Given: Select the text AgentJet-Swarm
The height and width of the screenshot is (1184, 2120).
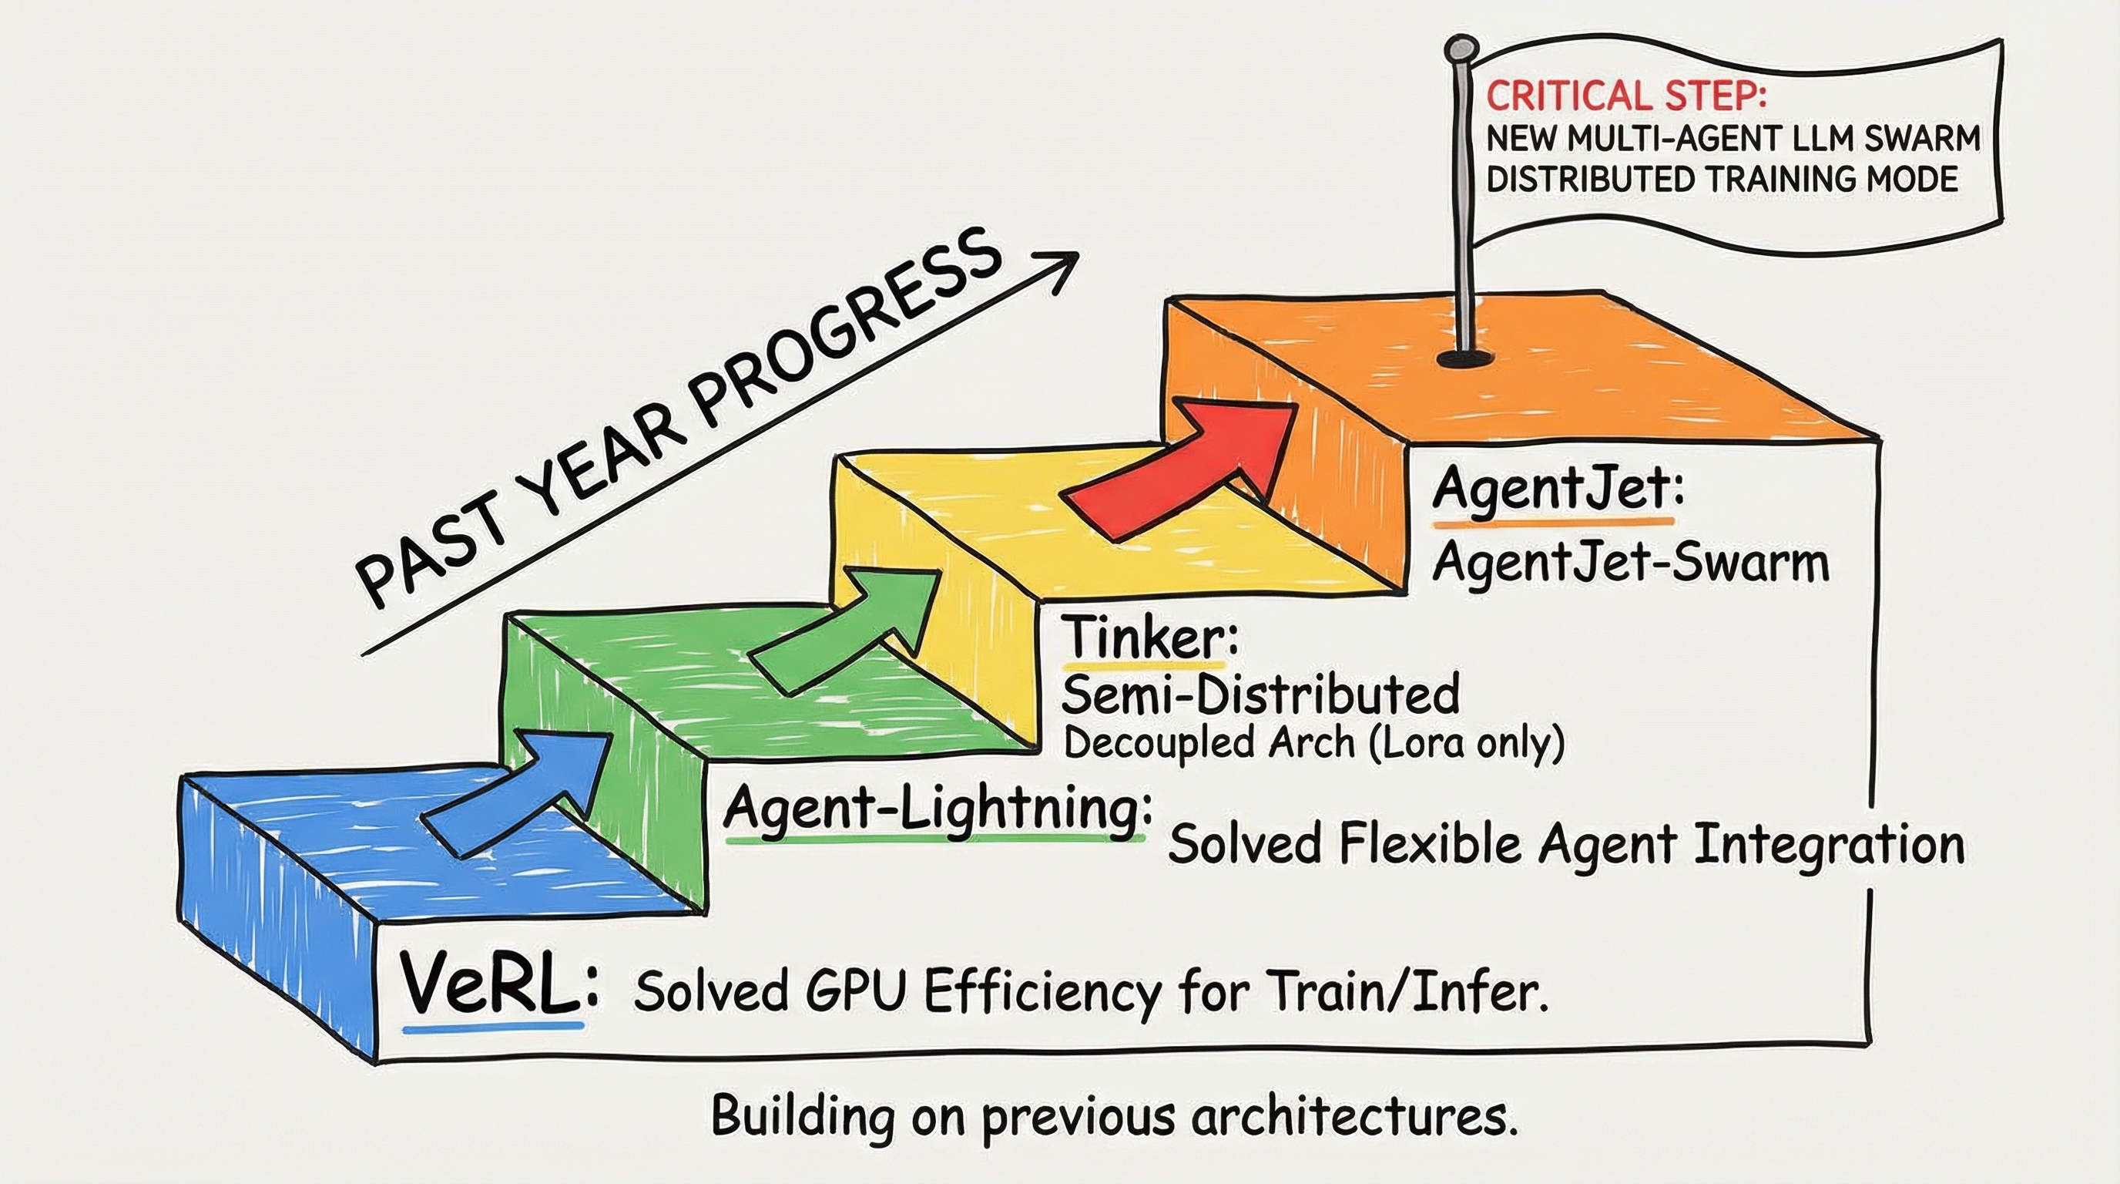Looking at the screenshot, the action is pyautogui.click(x=1631, y=565).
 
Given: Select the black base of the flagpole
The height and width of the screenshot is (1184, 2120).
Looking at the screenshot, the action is pyautogui.click(x=1463, y=359).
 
